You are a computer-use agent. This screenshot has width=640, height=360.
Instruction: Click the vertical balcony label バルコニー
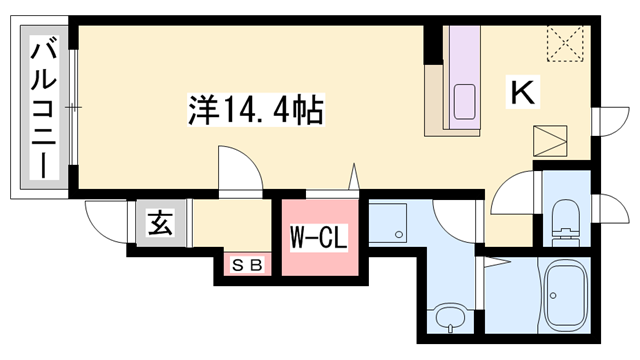pos(43,108)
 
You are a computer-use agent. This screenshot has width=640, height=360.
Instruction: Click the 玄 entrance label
pos(160,223)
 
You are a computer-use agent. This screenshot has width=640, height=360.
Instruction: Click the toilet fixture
pos(566,215)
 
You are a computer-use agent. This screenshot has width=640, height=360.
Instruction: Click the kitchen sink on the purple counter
pos(465,101)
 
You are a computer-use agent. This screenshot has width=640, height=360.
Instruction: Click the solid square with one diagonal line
pos(549,142)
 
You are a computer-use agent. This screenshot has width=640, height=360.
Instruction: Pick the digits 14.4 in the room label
pos(264,108)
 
